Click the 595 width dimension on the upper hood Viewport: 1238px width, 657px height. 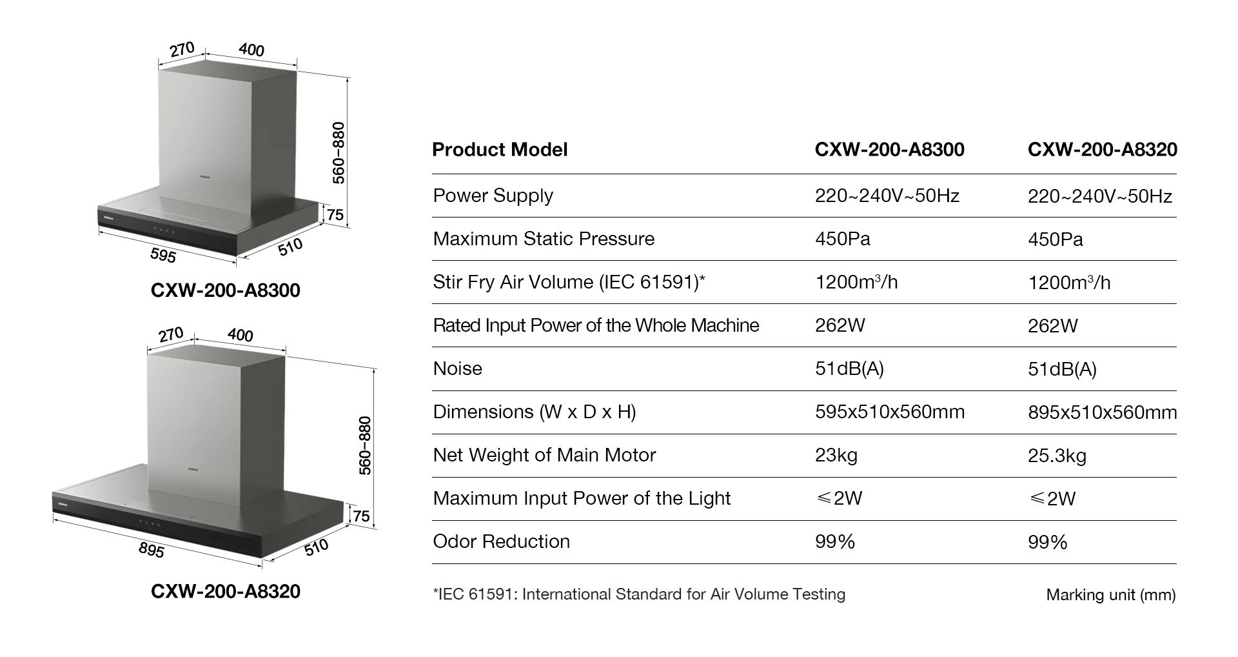click(163, 256)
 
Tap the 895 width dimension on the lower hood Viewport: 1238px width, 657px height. click(152, 550)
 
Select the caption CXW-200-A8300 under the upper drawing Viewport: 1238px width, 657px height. click(226, 290)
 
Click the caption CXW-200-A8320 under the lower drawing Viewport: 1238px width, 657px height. click(226, 591)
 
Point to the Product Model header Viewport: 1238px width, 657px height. click(500, 150)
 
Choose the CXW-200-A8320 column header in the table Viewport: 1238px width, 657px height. click(1102, 150)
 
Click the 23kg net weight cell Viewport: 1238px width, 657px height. click(836, 456)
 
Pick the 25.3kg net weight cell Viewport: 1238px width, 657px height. click(1057, 456)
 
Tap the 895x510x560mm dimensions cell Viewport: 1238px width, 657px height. click(1102, 412)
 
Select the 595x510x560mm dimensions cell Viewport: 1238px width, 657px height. click(889, 412)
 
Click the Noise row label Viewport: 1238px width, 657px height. click(458, 369)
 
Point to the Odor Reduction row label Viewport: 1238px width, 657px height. click(501, 541)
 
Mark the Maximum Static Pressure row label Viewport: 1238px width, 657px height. click(544, 239)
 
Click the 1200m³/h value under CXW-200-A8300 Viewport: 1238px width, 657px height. click(856, 282)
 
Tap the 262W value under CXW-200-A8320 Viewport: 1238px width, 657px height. click(1052, 326)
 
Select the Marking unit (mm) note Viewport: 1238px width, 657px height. click(1110, 594)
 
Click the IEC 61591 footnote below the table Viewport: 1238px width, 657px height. click(639, 594)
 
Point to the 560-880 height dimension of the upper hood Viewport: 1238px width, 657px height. click(339, 152)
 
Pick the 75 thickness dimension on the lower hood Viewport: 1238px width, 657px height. click(362, 516)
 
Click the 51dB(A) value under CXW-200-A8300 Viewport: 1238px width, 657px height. click(849, 369)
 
